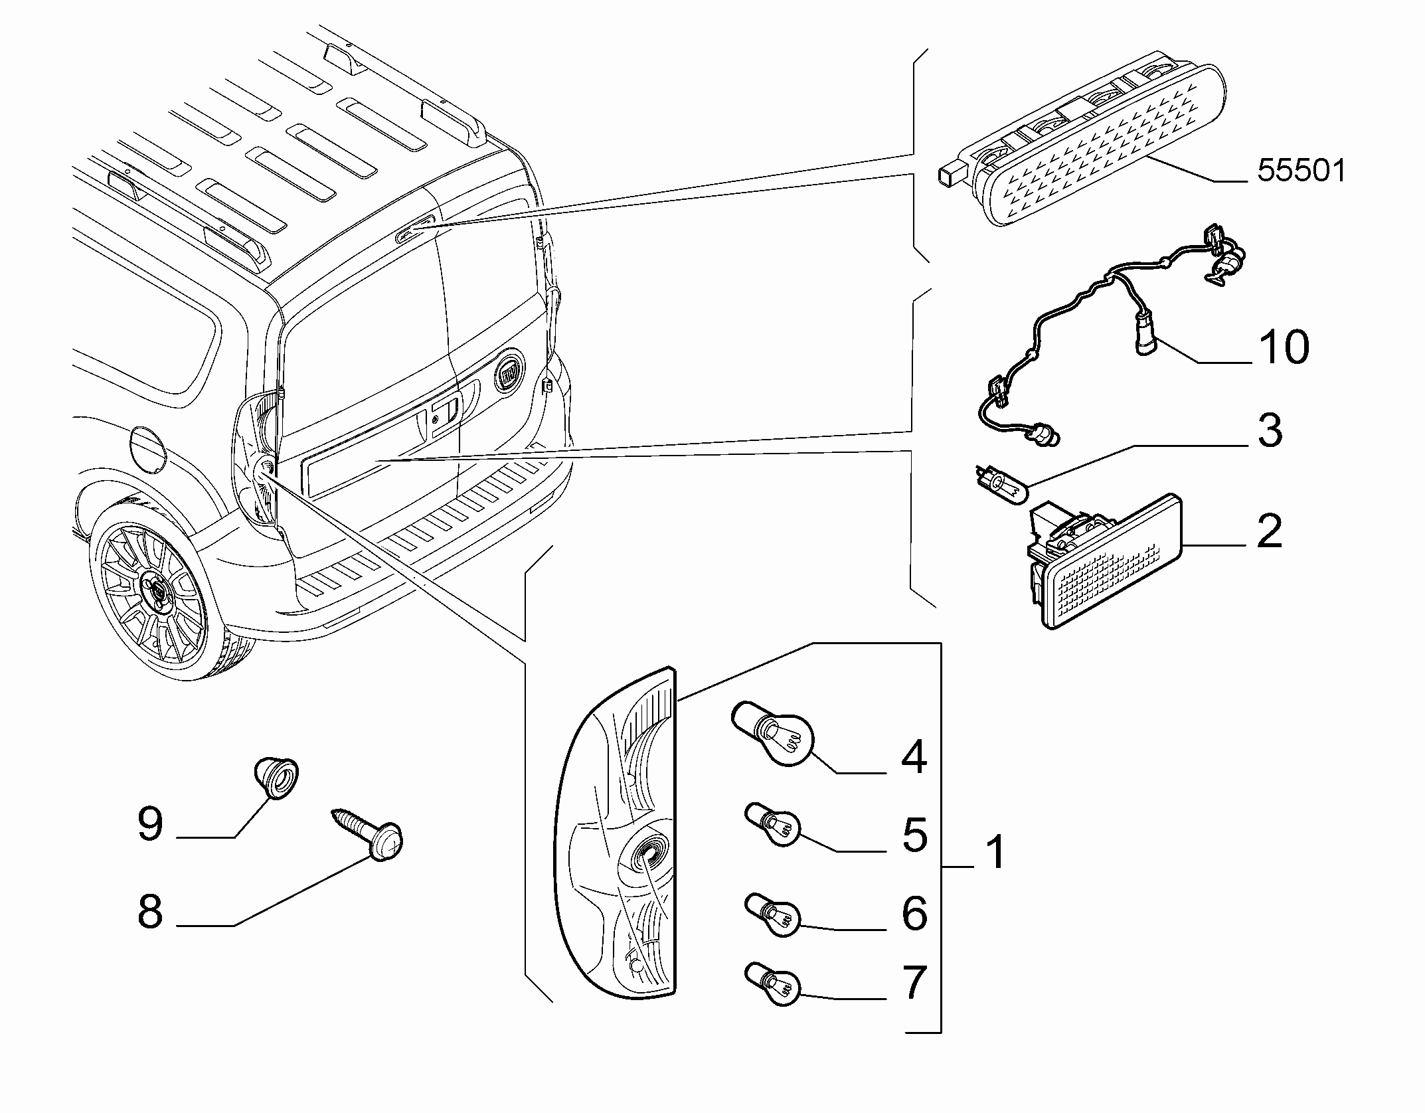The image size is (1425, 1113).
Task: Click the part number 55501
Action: pos(1301,171)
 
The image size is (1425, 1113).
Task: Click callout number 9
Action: pos(150,823)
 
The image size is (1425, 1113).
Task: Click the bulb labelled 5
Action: pos(772,825)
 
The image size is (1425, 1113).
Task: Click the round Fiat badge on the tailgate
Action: pos(509,377)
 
